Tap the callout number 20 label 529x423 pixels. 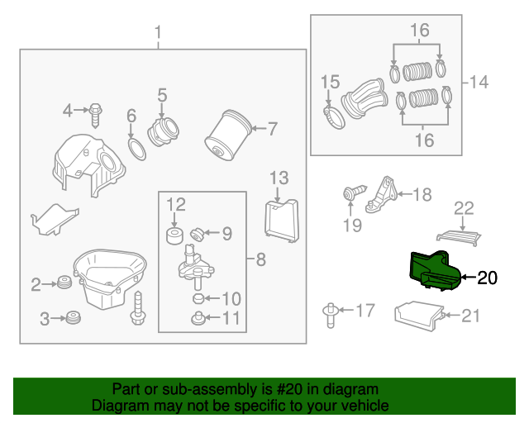pyautogui.click(x=488, y=278)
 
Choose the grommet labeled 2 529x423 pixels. pyautogui.click(x=62, y=285)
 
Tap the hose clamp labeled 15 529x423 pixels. pyautogui.click(x=333, y=117)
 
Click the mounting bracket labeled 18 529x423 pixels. pyautogui.click(x=381, y=195)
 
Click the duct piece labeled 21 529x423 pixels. pyautogui.click(x=420, y=316)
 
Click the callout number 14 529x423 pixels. pyautogui.click(x=479, y=83)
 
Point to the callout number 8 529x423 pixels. pyautogui.click(x=260, y=260)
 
